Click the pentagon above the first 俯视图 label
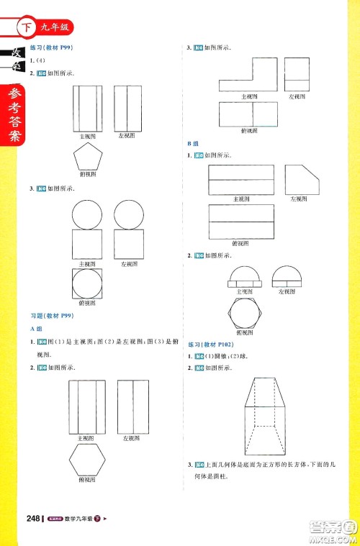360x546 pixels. pos(88,155)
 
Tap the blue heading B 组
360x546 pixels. pos(192,144)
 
